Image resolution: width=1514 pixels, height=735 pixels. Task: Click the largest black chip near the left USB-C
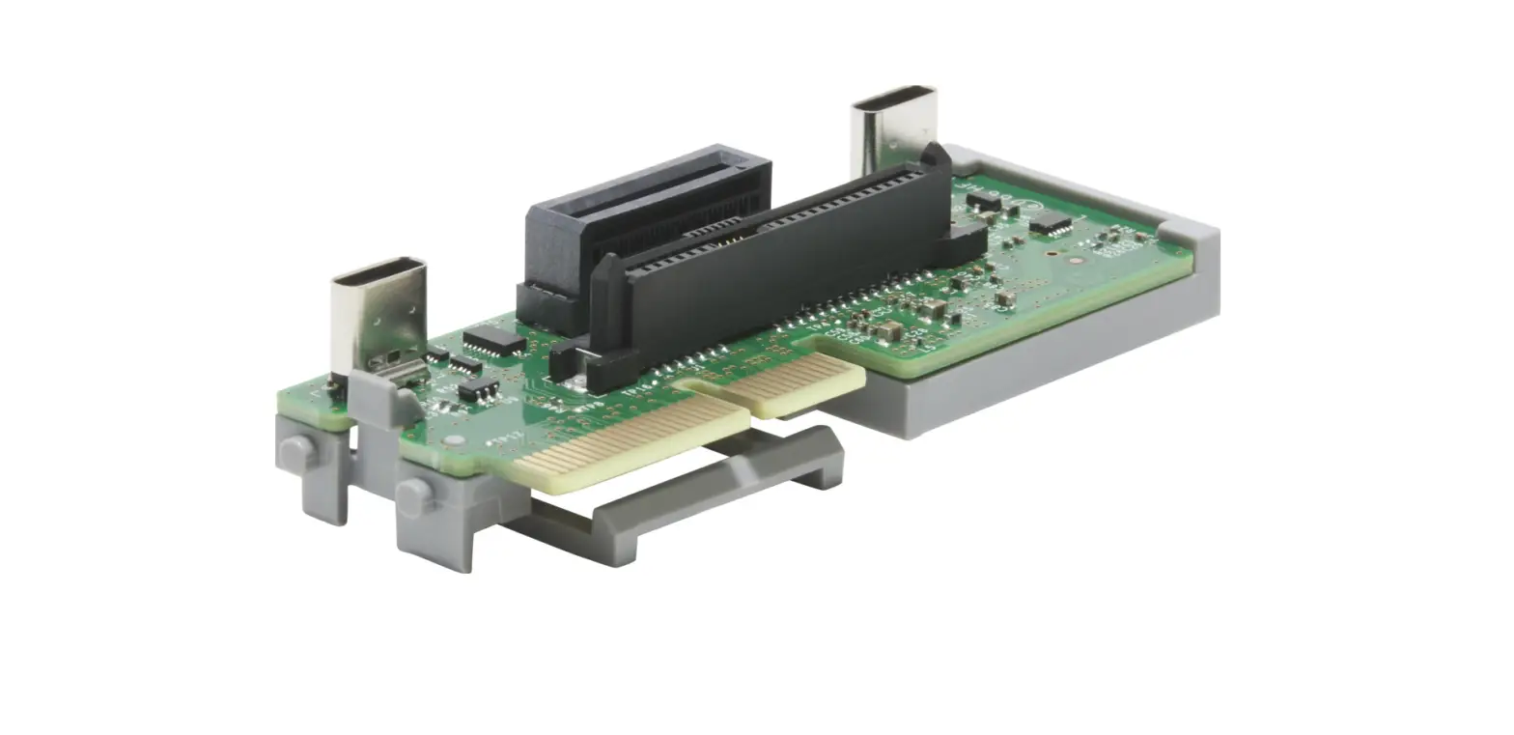pyautogui.click(x=493, y=340)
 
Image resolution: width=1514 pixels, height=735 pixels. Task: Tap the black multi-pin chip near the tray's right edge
pyautogui.click(x=1050, y=224)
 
